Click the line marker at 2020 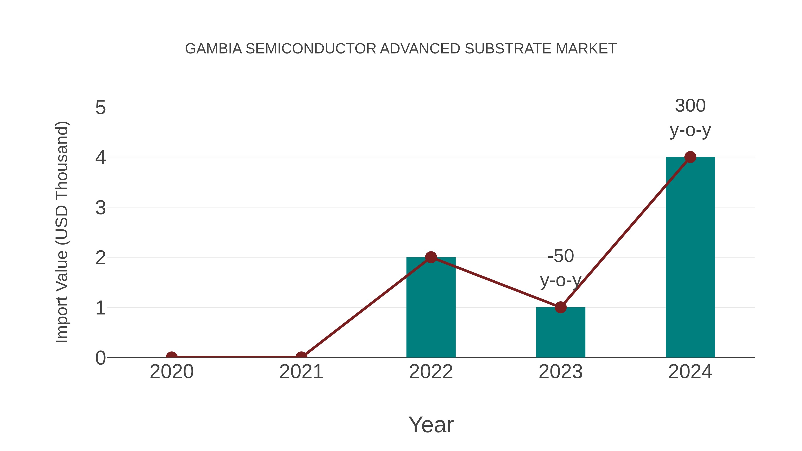[x=172, y=357]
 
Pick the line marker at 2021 [x=301, y=357]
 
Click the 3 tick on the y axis [x=100, y=208]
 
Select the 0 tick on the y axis [x=100, y=358]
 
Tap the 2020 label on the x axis [x=172, y=372]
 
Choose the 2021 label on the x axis [x=301, y=372]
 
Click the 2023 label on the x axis [x=561, y=372]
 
